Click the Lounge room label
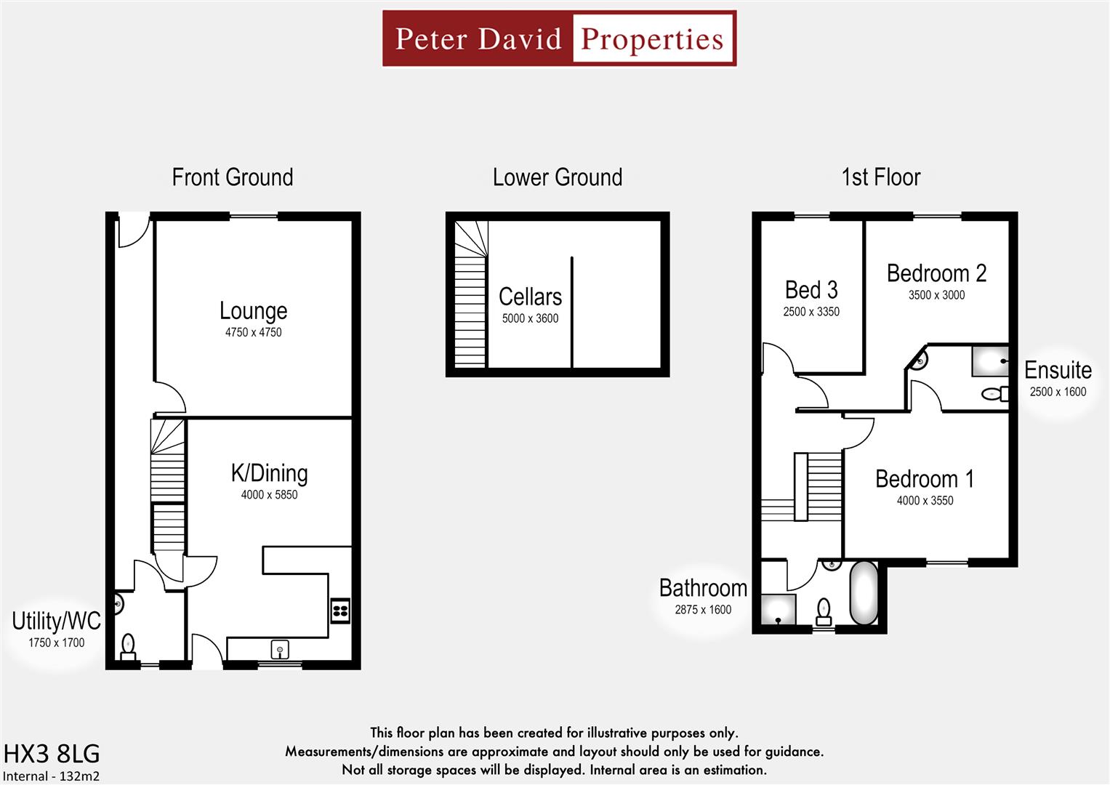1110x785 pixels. [253, 311]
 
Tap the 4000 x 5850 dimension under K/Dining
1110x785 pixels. [269, 495]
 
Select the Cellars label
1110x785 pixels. [530, 297]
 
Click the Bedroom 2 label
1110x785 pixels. [936, 273]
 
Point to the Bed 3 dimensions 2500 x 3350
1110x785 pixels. [811, 312]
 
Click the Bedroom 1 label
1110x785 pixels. [924, 479]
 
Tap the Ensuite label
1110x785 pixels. [1058, 370]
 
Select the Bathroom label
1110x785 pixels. [703, 588]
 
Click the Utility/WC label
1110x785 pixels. [56, 621]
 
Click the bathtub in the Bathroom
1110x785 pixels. [864, 593]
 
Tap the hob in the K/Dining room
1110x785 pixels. [340, 610]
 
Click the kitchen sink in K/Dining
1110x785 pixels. [280, 647]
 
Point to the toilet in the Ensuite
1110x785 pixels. [994, 394]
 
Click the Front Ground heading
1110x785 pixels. [233, 177]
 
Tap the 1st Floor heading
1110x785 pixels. [880, 177]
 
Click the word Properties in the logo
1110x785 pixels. [652, 39]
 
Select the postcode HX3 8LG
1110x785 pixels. [52, 753]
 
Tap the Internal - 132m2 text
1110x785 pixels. [51, 776]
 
